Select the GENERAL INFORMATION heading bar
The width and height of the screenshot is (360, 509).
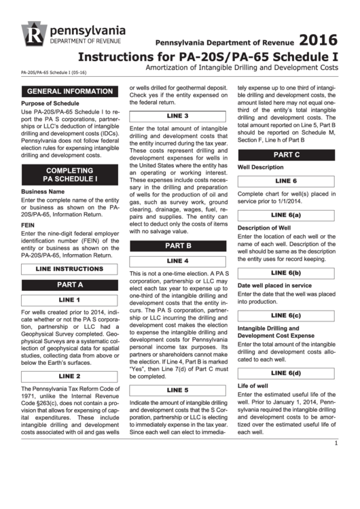point(69,91)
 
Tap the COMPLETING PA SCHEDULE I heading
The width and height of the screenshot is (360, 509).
point(69,175)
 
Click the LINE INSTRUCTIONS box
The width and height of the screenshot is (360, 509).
point(69,269)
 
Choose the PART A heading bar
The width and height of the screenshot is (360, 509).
point(69,285)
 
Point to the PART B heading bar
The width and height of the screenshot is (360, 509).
point(178,245)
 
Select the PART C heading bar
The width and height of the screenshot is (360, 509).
point(286,155)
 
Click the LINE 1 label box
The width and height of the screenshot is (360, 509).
point(69,300)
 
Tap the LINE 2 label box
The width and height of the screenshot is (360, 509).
point(69,376)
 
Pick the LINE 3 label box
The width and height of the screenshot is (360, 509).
point(178,116)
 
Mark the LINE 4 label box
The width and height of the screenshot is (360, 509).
point(178,261)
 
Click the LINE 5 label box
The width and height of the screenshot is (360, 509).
point(178,390)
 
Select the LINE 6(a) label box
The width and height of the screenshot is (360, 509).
point(286,215)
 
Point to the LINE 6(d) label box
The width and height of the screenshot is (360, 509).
point(286,373)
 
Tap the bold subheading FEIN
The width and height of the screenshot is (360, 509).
point(28,224)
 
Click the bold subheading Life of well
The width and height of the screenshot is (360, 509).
point(253,385)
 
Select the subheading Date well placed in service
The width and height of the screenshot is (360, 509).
point(274,285)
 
